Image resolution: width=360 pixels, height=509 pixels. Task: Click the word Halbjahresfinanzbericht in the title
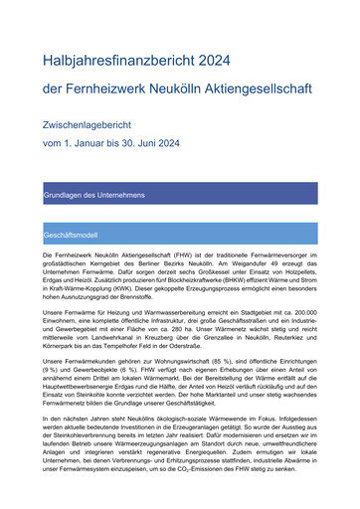(117, 62)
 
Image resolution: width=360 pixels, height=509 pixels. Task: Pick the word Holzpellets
(297, 274)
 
